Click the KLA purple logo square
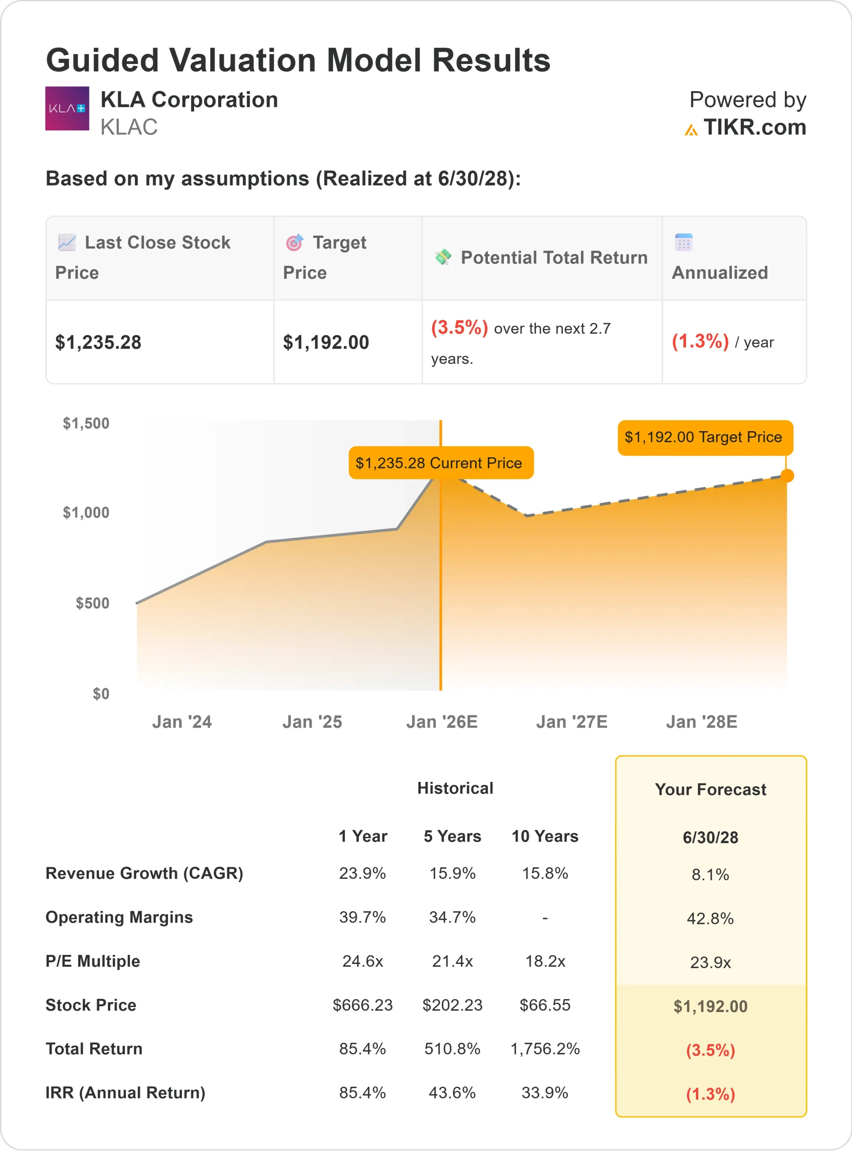67,108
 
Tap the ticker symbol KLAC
129,127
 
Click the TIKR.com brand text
754,127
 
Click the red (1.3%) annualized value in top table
700,341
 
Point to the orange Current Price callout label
441,463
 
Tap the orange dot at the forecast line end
787,475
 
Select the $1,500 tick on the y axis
86,424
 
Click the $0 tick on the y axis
101,694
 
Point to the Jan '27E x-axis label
571,722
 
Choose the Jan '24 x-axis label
182,722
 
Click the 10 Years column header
544,836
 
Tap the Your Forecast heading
710,790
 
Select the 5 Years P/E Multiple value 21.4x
452,961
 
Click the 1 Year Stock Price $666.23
362,1005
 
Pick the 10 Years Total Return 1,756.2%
544,1049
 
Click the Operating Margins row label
119,917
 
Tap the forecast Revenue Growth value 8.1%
710,874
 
